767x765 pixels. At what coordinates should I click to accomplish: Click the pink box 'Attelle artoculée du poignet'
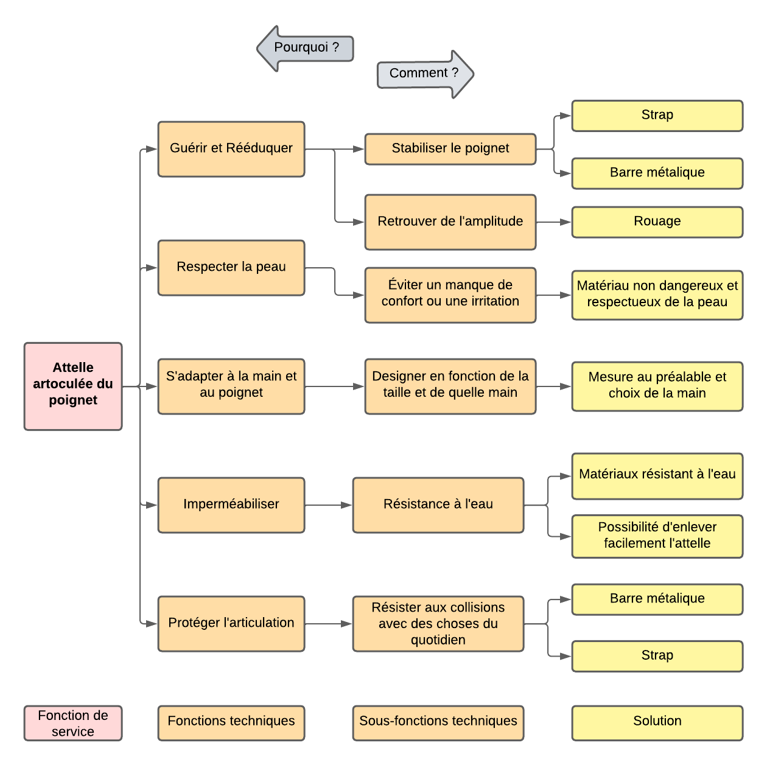(x=73, y=386)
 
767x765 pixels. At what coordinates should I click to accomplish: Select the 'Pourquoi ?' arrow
(x=306, y=48)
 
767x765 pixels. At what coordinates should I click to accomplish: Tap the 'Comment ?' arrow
(x=425, y=74)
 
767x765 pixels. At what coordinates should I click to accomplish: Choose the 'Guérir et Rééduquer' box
(x=231, y=149)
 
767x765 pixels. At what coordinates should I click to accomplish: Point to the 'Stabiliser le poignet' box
(x=450, y=149)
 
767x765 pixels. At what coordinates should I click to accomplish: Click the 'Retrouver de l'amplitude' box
(x=450, y=222)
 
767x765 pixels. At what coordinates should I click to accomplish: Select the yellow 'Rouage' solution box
(x=657, y=222)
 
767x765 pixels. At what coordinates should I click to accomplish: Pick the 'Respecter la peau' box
(x=231, y=268)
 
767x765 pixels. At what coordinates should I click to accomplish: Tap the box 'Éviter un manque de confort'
(x=450, y=295)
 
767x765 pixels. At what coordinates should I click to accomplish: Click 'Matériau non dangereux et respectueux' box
(x=657, y=295)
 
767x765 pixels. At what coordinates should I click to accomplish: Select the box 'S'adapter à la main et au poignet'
(x=231, y=386)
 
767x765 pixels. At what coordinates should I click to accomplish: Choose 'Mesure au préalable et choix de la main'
(x=657, y=386)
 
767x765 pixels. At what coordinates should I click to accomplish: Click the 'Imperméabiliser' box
(x=231, y=505)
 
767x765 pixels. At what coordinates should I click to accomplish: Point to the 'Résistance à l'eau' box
(x=438, y=505)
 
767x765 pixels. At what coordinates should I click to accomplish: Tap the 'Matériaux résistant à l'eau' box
(x=657, y=475)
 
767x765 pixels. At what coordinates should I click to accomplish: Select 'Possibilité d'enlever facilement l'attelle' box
(x=657, y=536)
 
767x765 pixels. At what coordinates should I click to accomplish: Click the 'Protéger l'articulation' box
(x=231, y=623)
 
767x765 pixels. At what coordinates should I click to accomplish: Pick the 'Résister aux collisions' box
(x=438, y=623)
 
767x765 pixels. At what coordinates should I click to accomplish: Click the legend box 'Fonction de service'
(x=73, y=723)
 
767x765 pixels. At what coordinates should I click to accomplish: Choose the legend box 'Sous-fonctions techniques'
(x=438, y=723)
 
